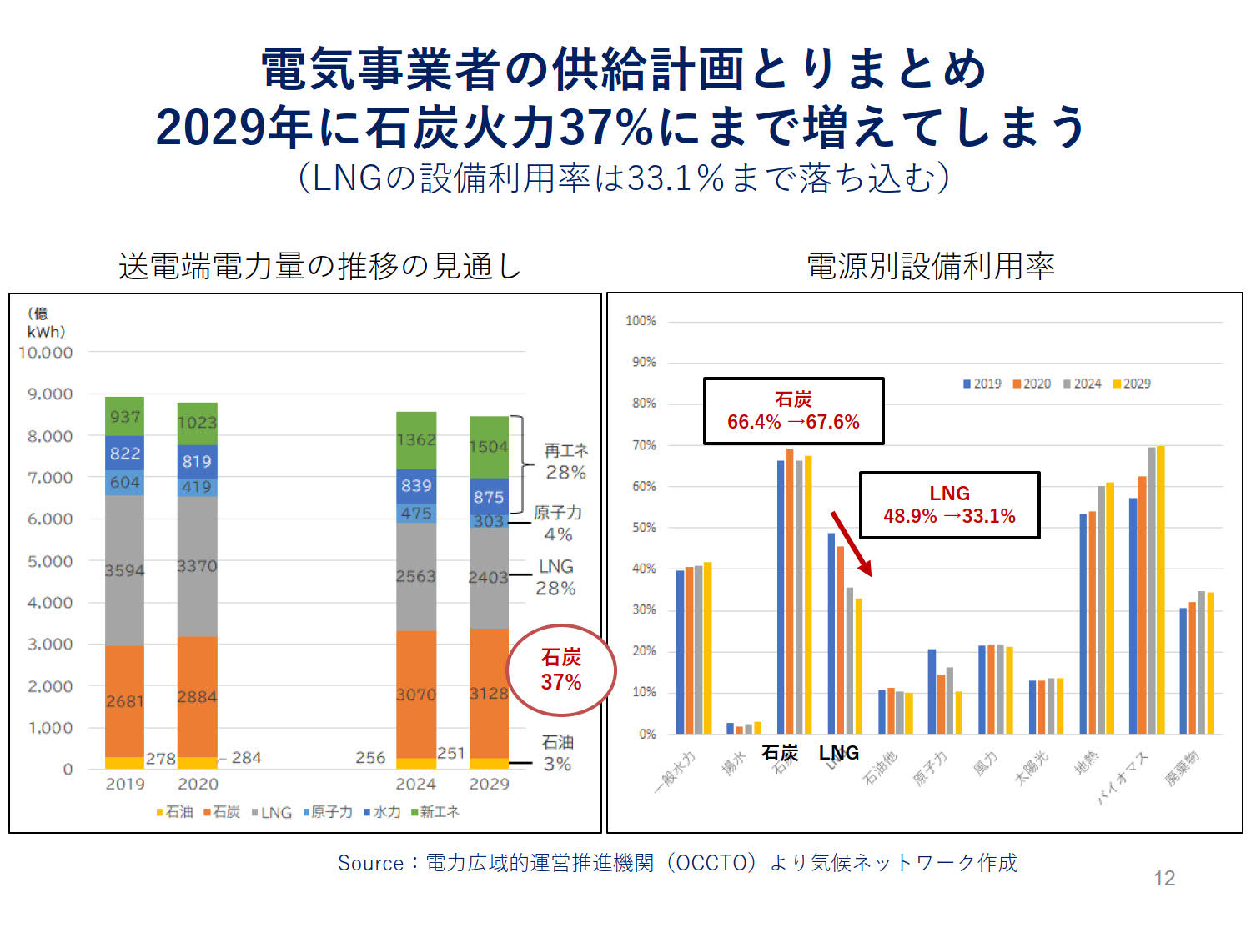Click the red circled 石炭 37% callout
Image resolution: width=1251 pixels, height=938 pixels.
pyautogui.click(x=560, y=670)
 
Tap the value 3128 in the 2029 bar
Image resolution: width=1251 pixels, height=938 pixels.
pyautogui.click(x=489, y=694)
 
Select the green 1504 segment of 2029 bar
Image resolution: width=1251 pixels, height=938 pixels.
pyautogui.click(x=489, y=446)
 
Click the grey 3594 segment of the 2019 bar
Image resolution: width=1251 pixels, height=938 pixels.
pyautogui.click(x=125, y=570)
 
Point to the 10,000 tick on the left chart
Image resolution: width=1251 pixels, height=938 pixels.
pyautogui.click(x=46, y=353)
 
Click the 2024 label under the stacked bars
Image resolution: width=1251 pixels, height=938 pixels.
pyautogui.click(x=415, y=784)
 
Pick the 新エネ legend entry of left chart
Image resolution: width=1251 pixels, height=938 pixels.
pyautogui.click(x=435, y=812)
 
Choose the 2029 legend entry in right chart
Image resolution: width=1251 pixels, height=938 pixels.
pyautogui.click(x=1132, y=384)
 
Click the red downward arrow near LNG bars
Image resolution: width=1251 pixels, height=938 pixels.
pyautogui.click(x=851, y=544)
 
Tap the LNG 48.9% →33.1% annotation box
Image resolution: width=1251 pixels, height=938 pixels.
pyautogui.click(x=949, y=505)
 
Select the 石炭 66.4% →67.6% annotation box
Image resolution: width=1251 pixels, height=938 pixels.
pyautogui.click(x=793, y=411)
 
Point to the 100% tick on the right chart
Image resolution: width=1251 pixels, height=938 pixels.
pyautogui.click(x=641, y=321)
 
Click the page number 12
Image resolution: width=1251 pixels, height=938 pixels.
pyautogui.click(x=1163, y=878)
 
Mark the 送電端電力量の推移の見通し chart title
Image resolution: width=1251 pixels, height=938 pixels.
pyautogui.click(x=319, y=266)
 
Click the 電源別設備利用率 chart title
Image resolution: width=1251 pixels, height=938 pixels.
pyautogui.click(x=930, y=266)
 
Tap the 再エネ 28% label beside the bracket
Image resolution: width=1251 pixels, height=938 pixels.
pyautogui.click(x=565, y=461)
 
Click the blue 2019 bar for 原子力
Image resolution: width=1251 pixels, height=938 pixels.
pyautogui.click(x=932, y=691)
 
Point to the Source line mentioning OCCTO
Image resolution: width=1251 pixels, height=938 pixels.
pyautogui.click(x=677, y=863)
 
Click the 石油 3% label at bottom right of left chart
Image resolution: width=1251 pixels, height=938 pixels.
pyautogui.click(x=557, y=753)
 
